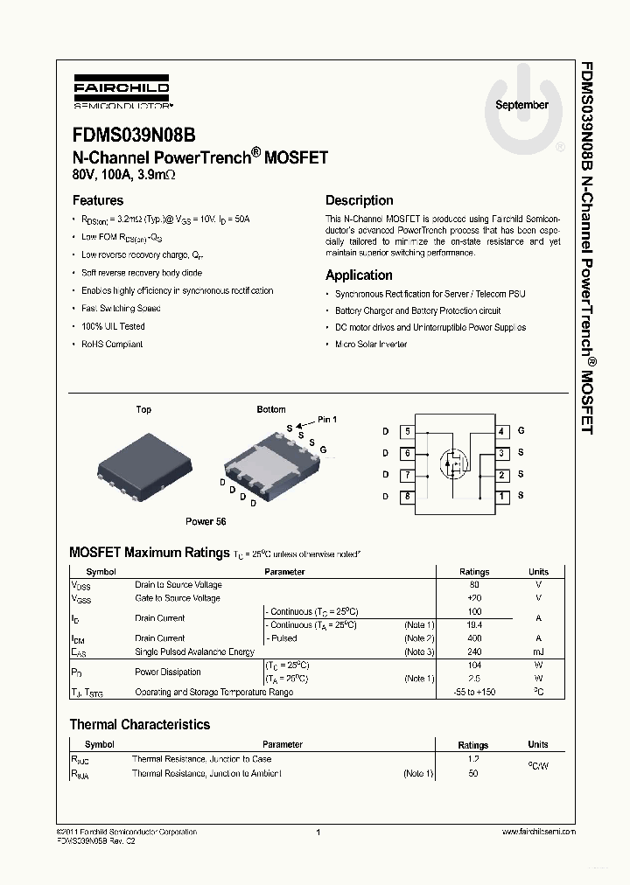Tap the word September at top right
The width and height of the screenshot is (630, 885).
tap(521, 105)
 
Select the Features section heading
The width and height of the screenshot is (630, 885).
tap(97, 200)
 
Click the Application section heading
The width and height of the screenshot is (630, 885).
tap(359, 275)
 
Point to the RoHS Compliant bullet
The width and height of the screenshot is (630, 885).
tap(112, 344)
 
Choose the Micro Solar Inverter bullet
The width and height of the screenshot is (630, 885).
tap(371, 345)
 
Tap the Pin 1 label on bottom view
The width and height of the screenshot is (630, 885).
tap(326, 420)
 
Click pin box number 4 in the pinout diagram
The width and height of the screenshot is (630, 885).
tap(502, 431)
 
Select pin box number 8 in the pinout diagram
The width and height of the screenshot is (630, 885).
tap(407, 497)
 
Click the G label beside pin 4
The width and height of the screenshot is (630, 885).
tap(521, 431)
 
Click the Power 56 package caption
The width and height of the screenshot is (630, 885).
tap(206, 521)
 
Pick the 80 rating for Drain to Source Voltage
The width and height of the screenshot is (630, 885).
tap(474, 585)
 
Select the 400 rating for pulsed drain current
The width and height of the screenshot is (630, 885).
tap(474, 638)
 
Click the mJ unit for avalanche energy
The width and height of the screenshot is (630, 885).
tap(538, 652)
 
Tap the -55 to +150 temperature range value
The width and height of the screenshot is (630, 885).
tap(474, 693)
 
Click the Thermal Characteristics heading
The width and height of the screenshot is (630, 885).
tap(140, 724)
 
